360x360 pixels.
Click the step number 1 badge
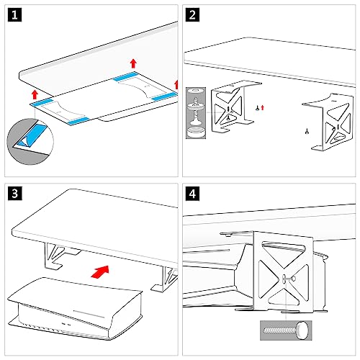pyautogui.click(x=15, y=16)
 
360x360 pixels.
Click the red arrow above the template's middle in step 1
pyautogui.click(x=132, y=63)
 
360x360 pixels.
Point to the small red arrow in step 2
pyautogui.click(x=264, y=107)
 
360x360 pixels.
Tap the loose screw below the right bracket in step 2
pyautogui.click(x=305, y=130)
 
